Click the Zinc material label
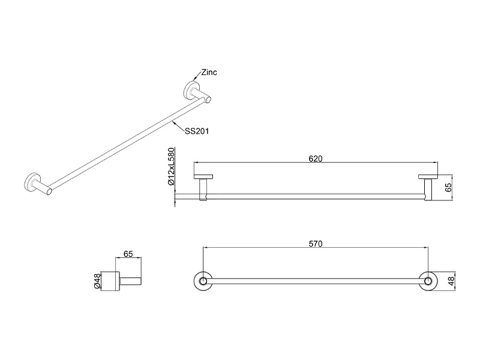click(209, 72)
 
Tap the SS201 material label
click(197, 131)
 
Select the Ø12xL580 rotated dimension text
click(171, 167)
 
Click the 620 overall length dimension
click(316, 158)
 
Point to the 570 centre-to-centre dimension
click(316, 244)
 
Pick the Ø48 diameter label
click(97, 281)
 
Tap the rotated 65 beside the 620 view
click(448, 187)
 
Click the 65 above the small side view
click(128, 254)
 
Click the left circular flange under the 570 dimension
click(203, 281)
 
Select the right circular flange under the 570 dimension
click(428, 281)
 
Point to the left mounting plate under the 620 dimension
click(203, 176)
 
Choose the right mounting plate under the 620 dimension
click(428, 176)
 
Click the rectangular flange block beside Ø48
click(110, 281)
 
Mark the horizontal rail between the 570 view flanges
click(316, 281)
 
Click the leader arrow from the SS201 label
click(178, 126)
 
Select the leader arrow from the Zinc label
click(197, 77)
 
